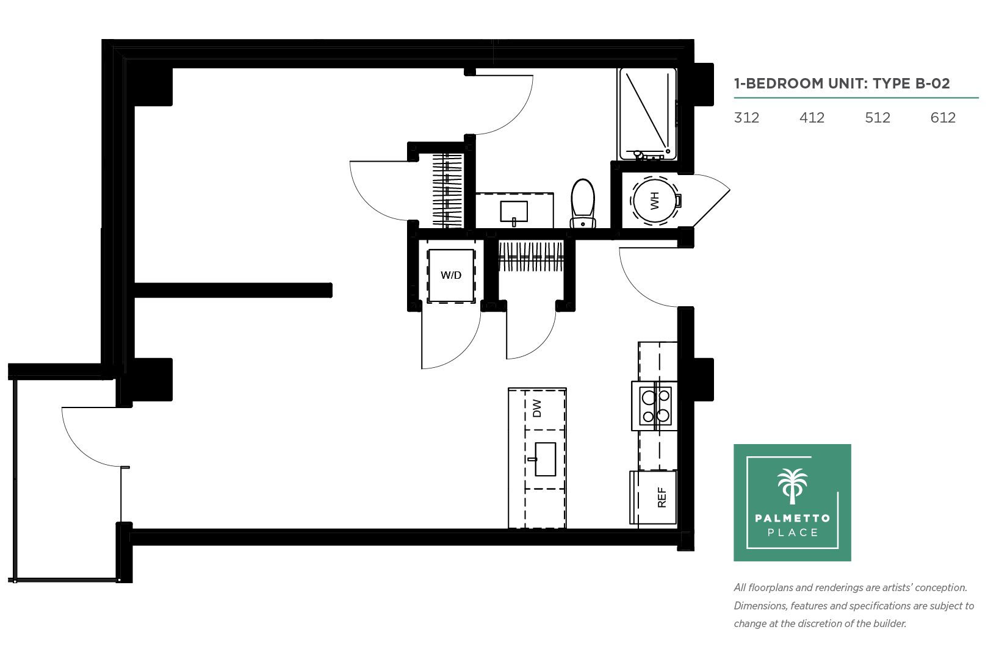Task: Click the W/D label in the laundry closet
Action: coord(451,275)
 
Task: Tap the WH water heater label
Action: coord(654,201)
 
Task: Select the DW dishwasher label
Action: coord(537,408)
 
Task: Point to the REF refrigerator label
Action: coord(662,498)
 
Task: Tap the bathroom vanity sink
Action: coord(514,212)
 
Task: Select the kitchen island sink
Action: coord(544,459)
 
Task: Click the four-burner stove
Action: coord(655,406)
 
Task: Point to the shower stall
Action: coord(647,114)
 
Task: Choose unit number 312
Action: coord(746,118)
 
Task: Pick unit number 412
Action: coord(812,118)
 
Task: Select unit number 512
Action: coord(877,118)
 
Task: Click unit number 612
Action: coord(943,118)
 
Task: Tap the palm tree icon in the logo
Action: coord(793,486)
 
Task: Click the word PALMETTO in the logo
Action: coord(793,518)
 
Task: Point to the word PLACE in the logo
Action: coord(793,533)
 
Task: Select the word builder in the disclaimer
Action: coord(889,623)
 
